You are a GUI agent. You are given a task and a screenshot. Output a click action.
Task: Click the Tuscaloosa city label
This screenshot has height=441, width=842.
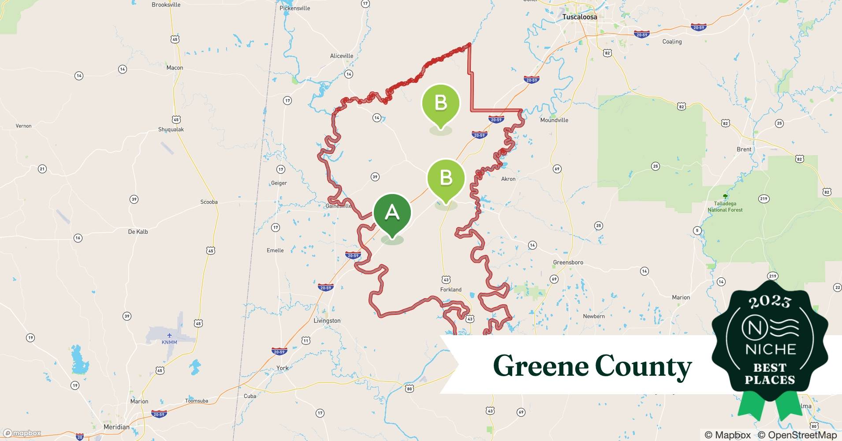(x=579, y=17)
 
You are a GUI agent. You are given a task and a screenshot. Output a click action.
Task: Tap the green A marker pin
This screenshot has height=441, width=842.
(x=392, y=213)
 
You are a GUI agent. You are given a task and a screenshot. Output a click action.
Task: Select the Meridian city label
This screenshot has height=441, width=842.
(x=116, y=427)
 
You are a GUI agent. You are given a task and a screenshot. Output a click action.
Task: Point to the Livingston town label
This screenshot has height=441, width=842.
(x=327, y=321)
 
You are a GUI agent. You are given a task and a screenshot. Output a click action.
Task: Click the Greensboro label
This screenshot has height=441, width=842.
(x=568, y=262)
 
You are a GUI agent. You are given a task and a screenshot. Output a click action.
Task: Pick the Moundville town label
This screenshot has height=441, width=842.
(x=554, y=120)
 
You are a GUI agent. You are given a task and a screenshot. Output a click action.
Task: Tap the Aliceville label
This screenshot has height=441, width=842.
(x=341, y=56)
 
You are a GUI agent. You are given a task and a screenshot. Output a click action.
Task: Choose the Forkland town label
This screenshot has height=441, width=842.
(x=451, y=290)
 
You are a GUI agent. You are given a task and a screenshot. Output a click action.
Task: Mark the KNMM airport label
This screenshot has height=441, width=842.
(x=169, y=342)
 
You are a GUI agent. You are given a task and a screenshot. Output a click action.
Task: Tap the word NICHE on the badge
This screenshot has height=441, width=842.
(x=770, y=350)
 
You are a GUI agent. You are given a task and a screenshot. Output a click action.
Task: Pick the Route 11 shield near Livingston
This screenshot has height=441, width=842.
(x=306, y=340)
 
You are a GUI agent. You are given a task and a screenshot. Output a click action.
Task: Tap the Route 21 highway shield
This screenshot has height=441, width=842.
(x=42, y=169)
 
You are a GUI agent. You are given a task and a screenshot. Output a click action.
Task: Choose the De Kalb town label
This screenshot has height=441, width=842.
(x=138, y=232)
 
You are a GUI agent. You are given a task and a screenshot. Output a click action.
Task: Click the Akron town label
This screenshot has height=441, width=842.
(x=508, y=179)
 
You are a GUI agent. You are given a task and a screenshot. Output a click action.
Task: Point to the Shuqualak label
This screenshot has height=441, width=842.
(x=171, y=129)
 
